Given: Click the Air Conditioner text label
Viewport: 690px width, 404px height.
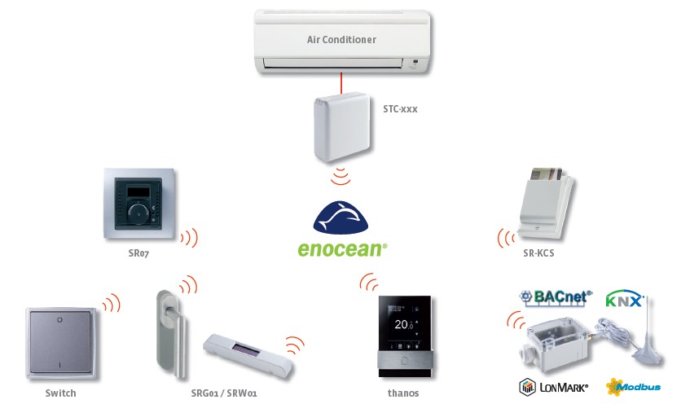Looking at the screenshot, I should [341, 39].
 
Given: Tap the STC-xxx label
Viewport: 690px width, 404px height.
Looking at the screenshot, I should [399, 108].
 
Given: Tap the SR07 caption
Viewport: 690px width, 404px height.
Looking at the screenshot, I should [138, 254].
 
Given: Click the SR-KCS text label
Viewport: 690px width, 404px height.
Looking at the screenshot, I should [539, 253].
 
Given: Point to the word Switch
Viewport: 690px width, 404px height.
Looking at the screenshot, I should [60, 393].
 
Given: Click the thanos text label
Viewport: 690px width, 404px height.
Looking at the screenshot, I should [403, 393].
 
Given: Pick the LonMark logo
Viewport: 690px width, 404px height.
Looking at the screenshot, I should [554, 386].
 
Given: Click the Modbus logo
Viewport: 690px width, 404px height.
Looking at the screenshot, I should [633, 386].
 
